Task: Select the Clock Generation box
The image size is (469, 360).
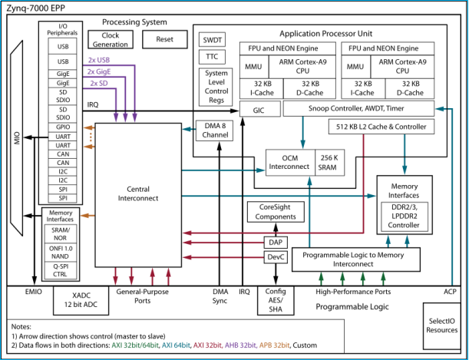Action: [x=109, y=39]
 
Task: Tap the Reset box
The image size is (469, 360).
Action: [x=165, y=39]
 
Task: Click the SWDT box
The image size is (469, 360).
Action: [x=211, y=39]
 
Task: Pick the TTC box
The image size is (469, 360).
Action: [x=211, y=58]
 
